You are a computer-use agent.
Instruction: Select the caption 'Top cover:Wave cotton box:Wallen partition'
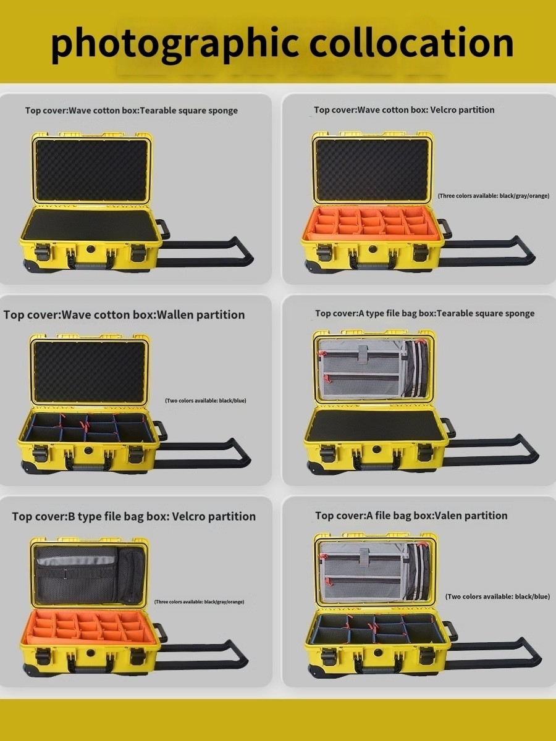click(x=124, y=315)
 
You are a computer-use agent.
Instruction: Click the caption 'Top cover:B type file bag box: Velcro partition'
click(x=134, y=516)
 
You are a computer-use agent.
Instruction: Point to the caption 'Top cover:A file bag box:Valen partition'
click(x=411, y=516)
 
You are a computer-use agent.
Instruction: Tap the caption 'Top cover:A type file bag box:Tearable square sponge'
click(x=424, y=314)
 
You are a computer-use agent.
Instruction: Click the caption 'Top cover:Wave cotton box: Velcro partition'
click(x=404, y=110)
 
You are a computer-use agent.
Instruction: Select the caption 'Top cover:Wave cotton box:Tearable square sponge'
click(x=132, y=111)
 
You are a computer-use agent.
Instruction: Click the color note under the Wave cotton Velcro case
click(x=493, y=196)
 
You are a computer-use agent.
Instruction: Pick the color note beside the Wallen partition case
click(x=206, y=401)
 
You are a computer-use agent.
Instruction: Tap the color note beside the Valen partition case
click(x=497, y=597)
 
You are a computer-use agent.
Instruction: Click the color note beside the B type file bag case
click(x=199, y=601)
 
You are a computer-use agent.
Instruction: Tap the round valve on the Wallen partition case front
click(x=88, y=451)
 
